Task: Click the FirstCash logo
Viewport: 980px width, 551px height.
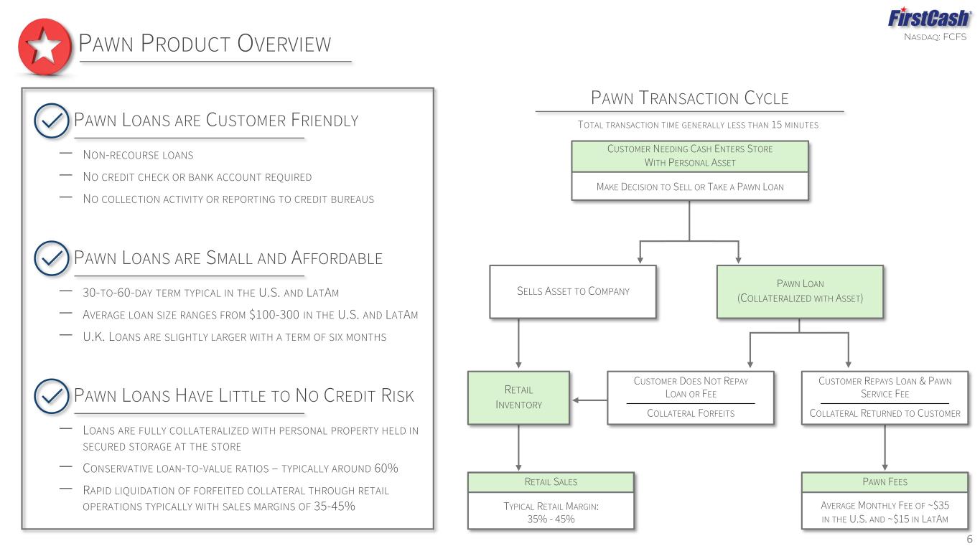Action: [929, 18]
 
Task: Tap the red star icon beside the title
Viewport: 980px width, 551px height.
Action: [45, 47]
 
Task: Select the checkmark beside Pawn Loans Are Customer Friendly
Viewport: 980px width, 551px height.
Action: [51, 121]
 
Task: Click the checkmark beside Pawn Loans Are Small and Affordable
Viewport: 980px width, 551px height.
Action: [51, 258]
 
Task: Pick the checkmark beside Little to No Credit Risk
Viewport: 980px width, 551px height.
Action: [51, 396]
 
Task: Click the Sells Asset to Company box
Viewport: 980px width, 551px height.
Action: [573, 292]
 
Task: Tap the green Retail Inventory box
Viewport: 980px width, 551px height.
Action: [518, 397]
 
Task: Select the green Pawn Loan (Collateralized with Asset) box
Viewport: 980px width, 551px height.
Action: [800, 292]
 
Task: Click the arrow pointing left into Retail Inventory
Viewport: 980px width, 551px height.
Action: [589, 400]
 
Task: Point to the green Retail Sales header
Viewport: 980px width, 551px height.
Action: [551, 482]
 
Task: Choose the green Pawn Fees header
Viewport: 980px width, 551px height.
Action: [885, 482]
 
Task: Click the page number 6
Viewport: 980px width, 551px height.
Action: [969, 540]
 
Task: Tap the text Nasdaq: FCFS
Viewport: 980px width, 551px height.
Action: [935, 37]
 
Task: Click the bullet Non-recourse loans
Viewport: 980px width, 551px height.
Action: [138, 155]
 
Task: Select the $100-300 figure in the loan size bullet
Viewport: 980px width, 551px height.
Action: [274, 314]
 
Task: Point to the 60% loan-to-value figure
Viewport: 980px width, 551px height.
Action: [386, 468]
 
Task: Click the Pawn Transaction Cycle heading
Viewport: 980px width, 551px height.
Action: [689, 98]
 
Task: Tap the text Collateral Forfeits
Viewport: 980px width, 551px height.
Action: [691, 413]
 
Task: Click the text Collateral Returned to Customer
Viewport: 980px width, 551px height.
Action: [885, 413]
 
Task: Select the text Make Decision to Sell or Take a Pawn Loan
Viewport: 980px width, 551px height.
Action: [690, 187]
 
